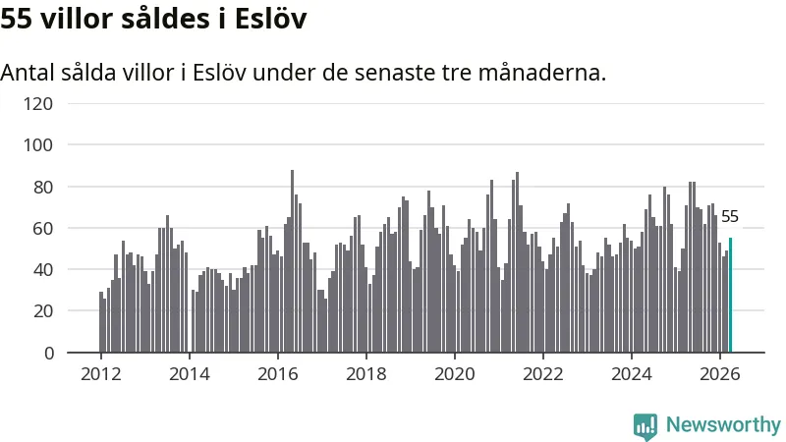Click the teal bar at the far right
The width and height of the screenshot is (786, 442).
pos(730,296)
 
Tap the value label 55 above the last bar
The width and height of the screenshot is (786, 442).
pos(729,216)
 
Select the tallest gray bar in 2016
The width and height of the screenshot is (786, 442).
pos(292,261)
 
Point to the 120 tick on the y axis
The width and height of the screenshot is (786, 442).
pos(38,104)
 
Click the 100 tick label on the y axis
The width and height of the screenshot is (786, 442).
pos(38,145)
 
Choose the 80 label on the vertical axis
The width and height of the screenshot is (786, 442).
pos(42,187)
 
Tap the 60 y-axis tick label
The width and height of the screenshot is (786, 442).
pos(42,229)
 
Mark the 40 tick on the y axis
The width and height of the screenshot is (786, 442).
pos(42,270)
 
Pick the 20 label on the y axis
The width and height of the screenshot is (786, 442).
pos(42,311)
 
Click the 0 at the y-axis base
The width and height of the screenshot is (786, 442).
pos(48,354)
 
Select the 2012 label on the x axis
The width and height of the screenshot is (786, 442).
pos(101,374)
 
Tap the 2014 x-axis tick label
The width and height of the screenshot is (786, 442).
pos(190,374)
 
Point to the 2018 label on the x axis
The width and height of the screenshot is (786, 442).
pos(366,374)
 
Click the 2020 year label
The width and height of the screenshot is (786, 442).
pos(455,374)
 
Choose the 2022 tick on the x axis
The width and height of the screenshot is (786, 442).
pos(543,374)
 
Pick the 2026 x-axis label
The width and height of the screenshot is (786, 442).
pos(720,374)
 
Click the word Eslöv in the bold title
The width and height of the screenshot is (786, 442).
pos(271,19)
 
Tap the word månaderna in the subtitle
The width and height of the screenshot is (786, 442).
pos(542,73)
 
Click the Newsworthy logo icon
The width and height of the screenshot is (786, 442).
pos(646,426)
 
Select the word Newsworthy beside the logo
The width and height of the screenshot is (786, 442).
pos(723,425)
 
